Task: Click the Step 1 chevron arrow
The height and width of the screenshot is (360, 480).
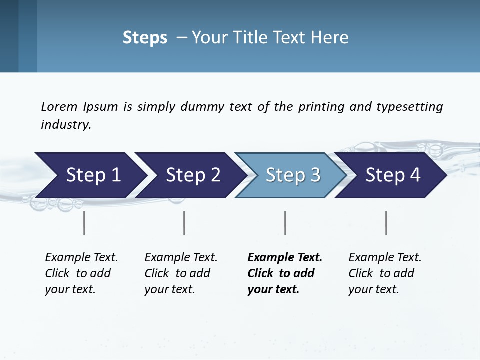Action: (90, 175)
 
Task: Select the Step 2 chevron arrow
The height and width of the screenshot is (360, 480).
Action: (190, 175)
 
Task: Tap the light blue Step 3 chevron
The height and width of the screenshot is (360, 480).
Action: (290, 175)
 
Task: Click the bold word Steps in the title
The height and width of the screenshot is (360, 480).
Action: (145, 38)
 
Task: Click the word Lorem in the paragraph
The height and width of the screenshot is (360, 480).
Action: (59, 106)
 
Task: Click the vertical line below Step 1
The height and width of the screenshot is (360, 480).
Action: (84, 223)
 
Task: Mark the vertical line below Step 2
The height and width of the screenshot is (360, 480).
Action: (184, 223)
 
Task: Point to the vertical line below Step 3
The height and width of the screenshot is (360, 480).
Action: (285, 223)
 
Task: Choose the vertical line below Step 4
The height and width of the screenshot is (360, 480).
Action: (386, 223)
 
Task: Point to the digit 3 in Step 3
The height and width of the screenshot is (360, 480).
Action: (315, 175)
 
